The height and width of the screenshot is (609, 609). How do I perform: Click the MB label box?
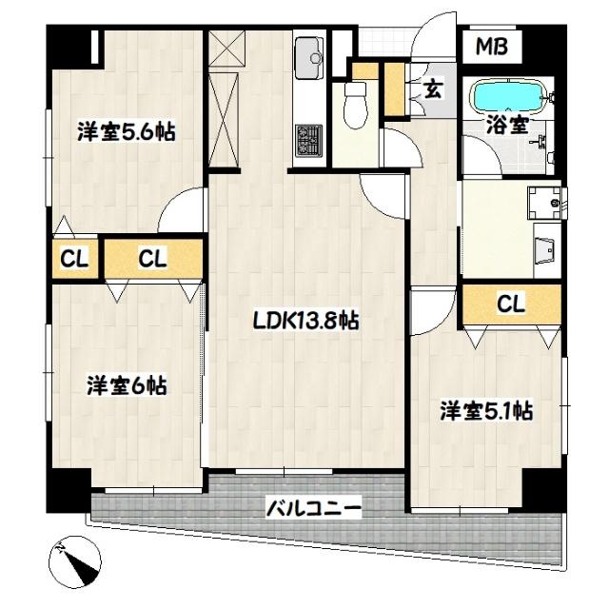click(x=493, y=46)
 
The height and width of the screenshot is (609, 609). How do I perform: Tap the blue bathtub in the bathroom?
click(x=508, y=96)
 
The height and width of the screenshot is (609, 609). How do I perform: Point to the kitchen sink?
click(x=309, y=59)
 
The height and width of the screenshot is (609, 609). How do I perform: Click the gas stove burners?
click(x=308, y=141)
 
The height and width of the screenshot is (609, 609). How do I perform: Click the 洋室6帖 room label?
click(x=128, y=385)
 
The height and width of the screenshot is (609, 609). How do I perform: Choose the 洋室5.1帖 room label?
click(x=485, y=411)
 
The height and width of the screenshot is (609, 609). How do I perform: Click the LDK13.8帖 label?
click(x=305, y=322)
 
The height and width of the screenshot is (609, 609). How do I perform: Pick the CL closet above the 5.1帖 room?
click(x=511, y=305)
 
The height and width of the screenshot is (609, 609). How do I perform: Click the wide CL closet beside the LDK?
click(x=152, y=258)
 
